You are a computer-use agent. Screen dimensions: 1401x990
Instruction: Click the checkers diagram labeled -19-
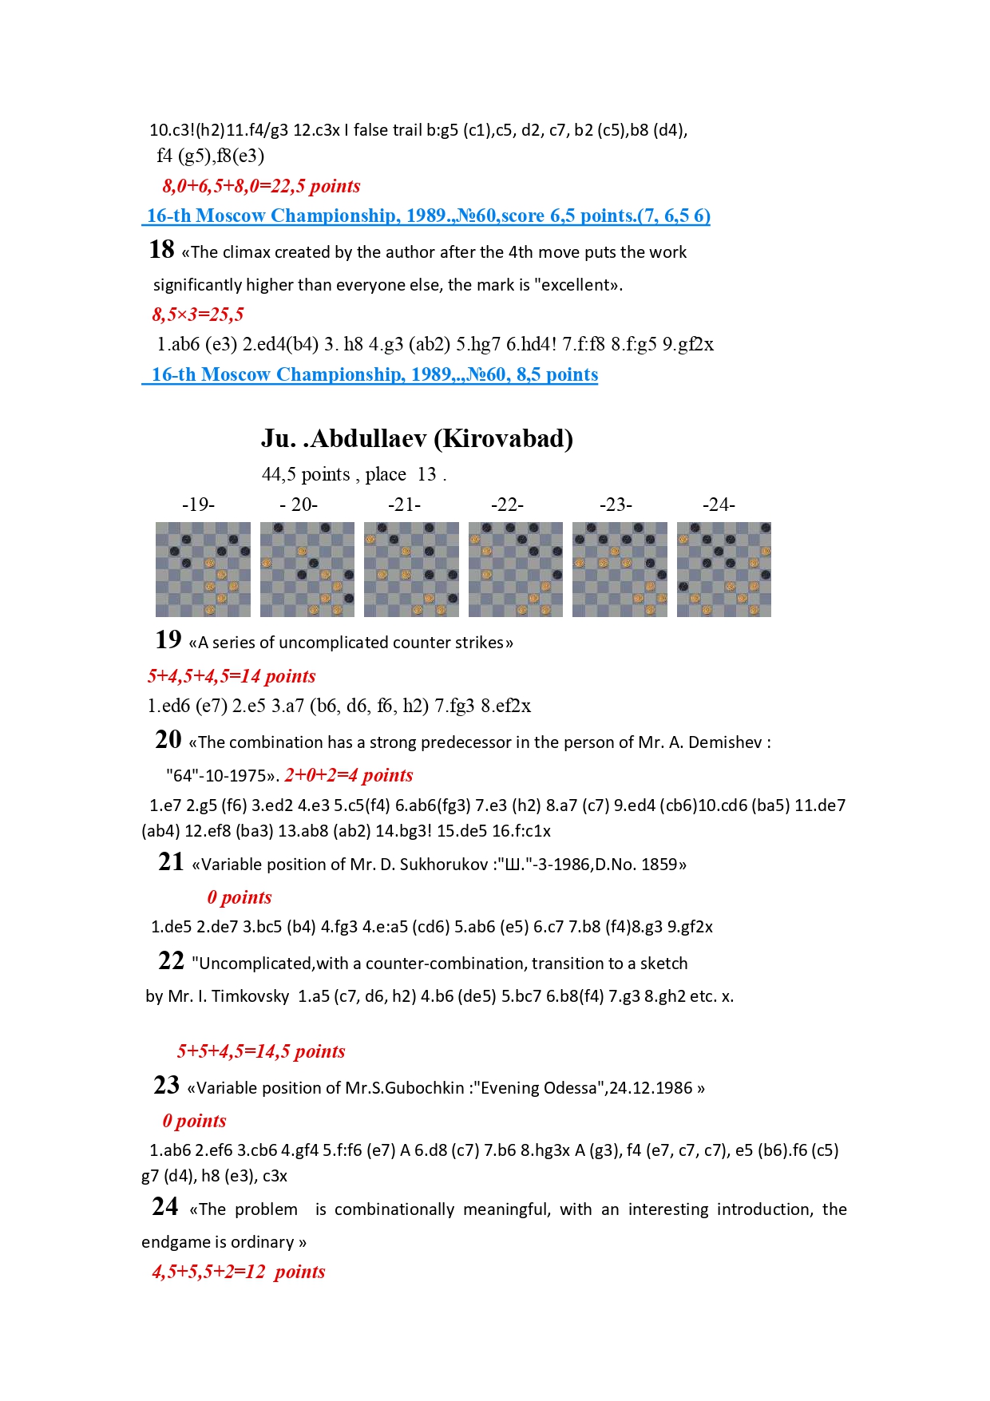(x=203, y=569)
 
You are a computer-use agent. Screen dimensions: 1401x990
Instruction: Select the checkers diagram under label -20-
(x=307, y=569)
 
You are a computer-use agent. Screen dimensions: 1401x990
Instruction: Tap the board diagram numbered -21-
(x=411, y=569)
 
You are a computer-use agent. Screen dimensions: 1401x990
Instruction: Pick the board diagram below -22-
(x=516, y=569)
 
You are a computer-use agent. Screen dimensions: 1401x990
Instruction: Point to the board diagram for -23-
(x=620, y=569)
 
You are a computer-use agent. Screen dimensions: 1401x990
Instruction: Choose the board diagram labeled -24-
(x=724, y=569)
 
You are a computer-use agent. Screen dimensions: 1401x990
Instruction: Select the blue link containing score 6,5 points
(x=428, y=216)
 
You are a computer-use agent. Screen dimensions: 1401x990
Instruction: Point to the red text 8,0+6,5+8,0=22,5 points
(x=261, y=186)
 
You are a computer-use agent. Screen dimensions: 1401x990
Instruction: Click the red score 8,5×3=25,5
(x=198, y=315)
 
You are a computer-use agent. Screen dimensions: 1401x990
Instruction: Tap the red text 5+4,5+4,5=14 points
(x=232, y=676)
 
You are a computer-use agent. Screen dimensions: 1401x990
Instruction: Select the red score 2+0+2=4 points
(x=349, y=775)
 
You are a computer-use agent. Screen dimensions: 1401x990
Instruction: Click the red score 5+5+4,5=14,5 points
(x=261, y=1051)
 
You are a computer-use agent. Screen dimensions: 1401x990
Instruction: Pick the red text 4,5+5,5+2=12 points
(x=239, y=1272)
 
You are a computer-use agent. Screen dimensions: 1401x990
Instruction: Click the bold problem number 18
(x=161, y=250)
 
